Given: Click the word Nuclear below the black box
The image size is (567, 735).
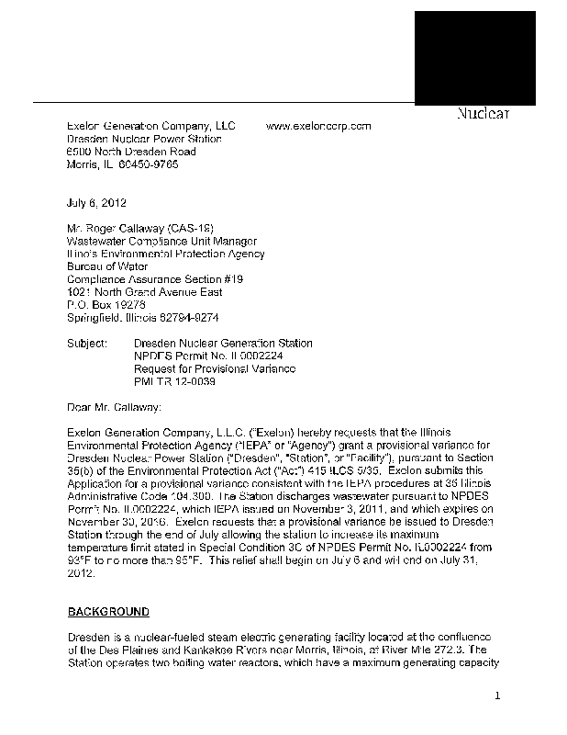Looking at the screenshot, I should click(x=483, y=114).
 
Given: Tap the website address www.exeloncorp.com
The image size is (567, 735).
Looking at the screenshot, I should click(x=317, y=126).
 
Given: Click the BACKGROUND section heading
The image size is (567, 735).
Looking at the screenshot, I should click(x=108, y=611).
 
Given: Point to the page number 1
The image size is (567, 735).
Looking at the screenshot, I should click(x=497, y=695).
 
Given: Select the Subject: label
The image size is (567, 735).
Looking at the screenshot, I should click(x=89, y=343).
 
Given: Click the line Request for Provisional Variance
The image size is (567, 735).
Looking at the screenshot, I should click(x=215, y=368).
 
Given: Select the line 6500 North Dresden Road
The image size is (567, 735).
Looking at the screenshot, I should click(x=131, y=152).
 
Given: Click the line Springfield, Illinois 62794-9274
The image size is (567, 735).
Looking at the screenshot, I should click(x=143, y=317).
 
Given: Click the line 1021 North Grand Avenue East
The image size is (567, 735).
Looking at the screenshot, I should click(x=145, y=292).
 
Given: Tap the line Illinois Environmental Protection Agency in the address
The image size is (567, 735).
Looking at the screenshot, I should click(x=166, y=254).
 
